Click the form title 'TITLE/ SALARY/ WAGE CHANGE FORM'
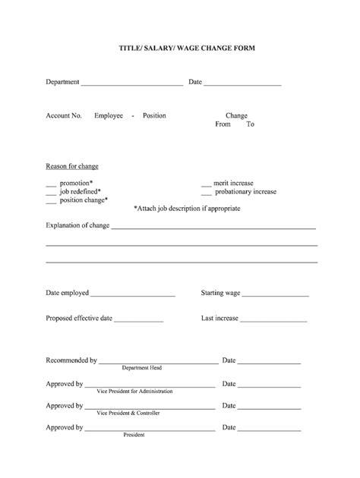[180, 48]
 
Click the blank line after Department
[131, 83]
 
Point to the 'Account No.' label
[64, 115]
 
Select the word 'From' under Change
[223, 124]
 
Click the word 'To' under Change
[250, 124]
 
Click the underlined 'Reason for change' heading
[72, 166]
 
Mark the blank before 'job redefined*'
[51, 193]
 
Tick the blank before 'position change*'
[51, 202]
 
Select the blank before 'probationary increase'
[206, 193]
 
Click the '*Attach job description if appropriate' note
[187, 208]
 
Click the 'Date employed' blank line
[133, 294]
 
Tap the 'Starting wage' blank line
[276, 294]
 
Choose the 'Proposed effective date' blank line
[139, 320]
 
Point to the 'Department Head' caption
[142, 367]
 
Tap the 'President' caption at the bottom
[134, 435]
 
